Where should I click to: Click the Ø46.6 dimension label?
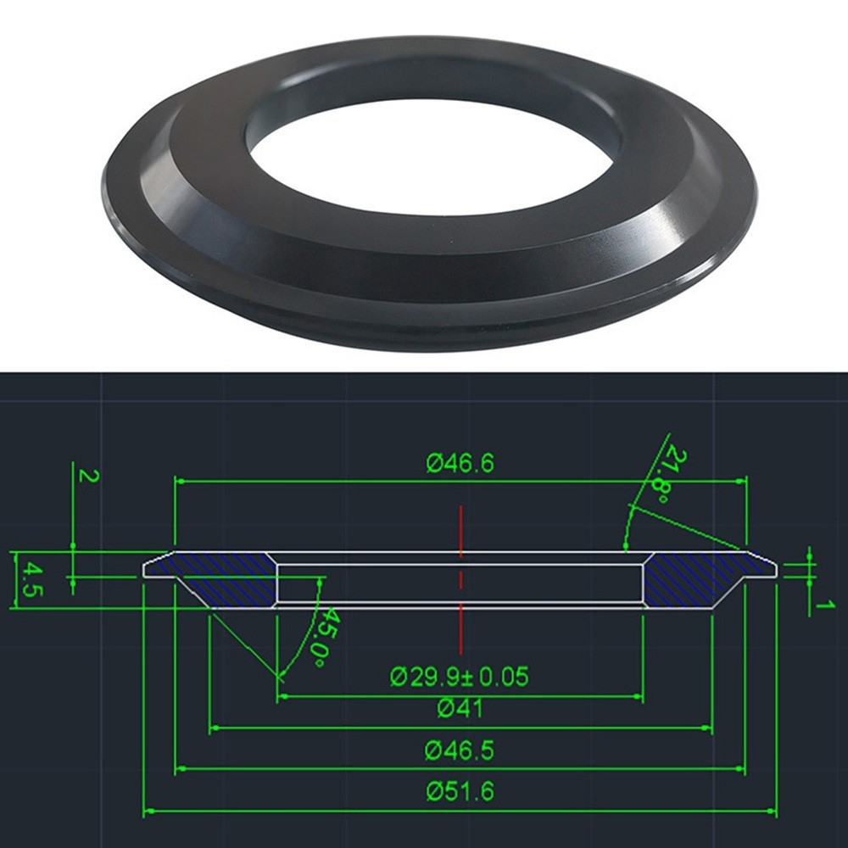(460, 464)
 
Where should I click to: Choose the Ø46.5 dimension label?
(460, 750)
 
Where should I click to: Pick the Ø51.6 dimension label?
(460, 792)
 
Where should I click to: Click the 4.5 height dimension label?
(30, 579)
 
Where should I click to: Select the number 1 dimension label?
(820, 605)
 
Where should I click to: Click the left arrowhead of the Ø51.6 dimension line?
(148, 812)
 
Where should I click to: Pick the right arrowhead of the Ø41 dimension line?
(707, 728)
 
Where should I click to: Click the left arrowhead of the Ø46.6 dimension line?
(179, 481)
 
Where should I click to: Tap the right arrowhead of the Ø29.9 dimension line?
(638, 696)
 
